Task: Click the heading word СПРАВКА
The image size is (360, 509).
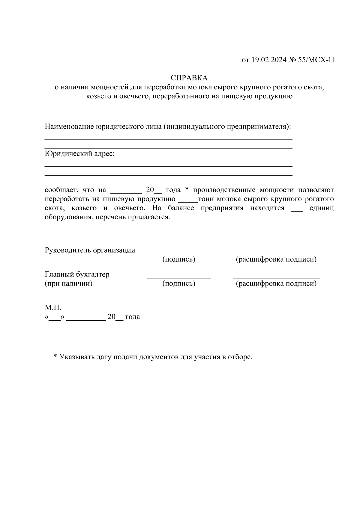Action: click(x=189, y=78)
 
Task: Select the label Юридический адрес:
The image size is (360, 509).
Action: click(x=79, y=154)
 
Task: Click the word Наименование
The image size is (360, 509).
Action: click(x=69, y=127)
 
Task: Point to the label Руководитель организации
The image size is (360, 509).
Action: click(x=90, y=250)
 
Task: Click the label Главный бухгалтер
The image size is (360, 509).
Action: click(x=77, y=274)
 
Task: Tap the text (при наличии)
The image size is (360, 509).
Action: click(x=68, y=283)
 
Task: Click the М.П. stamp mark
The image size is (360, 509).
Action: click(x=53, y=307)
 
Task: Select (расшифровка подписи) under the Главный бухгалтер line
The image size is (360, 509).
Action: click(x=276, y=283)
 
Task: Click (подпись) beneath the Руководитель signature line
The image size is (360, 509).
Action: click(x=178, y=259)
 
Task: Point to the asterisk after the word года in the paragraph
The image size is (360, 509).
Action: click(x=187, y=190)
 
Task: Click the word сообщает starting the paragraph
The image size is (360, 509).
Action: click(x=59, y=190)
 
